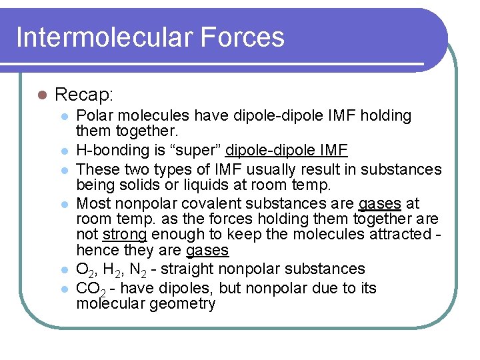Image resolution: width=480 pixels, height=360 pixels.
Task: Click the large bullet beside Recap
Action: (41, 95)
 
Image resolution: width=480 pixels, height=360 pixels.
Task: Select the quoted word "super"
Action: (199, 151)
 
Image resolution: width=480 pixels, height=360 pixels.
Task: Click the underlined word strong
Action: (125, 235)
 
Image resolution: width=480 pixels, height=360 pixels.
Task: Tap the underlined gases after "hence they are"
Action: (207, 251)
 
